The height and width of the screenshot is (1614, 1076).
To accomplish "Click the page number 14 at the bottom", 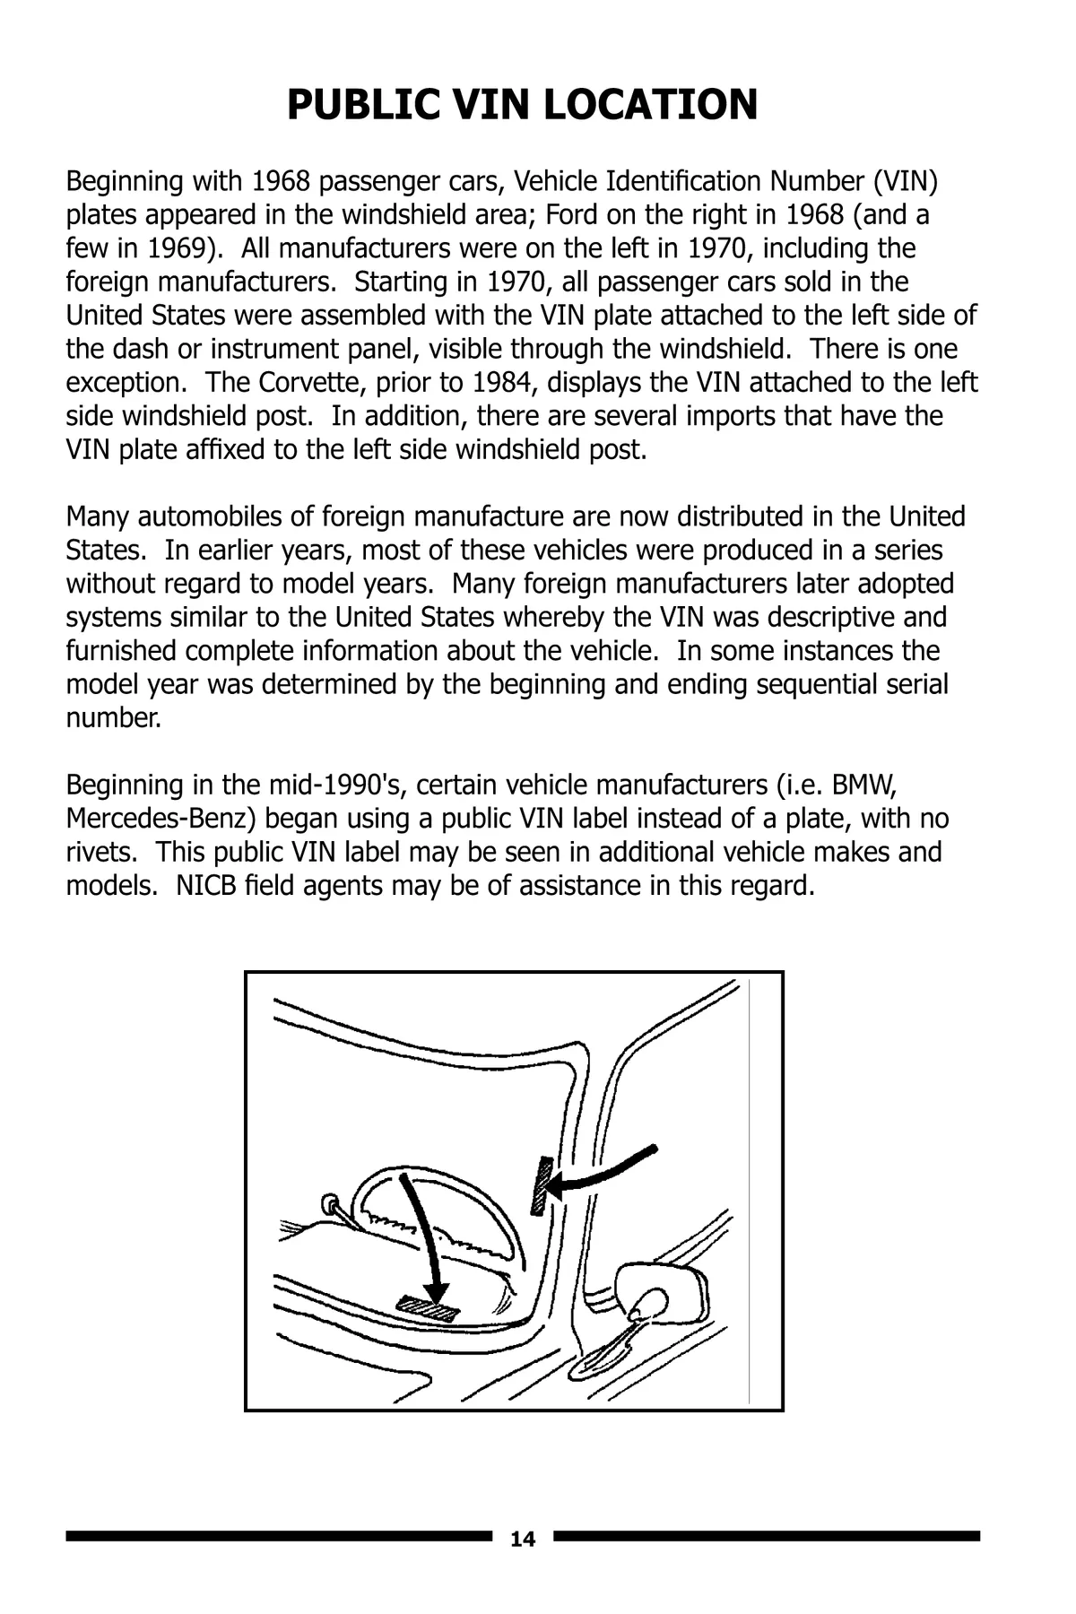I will pyautogui.click(x=522, y=1540).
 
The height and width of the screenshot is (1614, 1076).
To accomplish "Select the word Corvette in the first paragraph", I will pyautogui.click(x=308, y=382).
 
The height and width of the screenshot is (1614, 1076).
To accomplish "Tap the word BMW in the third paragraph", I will pyautogui.click(x=864, y=785).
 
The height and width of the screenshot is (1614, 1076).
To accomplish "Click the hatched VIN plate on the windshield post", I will pyautogui.click(x=541, y=1185).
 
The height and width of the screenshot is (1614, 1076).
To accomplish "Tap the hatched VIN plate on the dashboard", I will pyautogui.click(x=427, y=1310).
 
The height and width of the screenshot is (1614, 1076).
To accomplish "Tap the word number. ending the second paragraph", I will pyautogui.click(x=114, y=718).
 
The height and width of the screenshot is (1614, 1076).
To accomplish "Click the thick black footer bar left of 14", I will pyautogui.click(x=279, y=1537).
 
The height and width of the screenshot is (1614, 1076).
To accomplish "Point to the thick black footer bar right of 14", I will pyautogui.click(x=767, y=1536).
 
